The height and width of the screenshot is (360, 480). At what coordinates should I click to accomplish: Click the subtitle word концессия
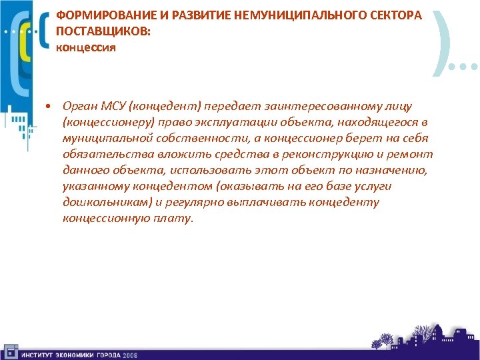[86, 47]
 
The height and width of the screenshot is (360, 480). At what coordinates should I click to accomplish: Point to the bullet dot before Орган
[49, 107]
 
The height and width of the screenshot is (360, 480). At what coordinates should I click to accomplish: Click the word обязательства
[99, 154]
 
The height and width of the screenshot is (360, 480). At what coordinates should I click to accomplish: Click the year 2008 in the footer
[129, 355]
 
